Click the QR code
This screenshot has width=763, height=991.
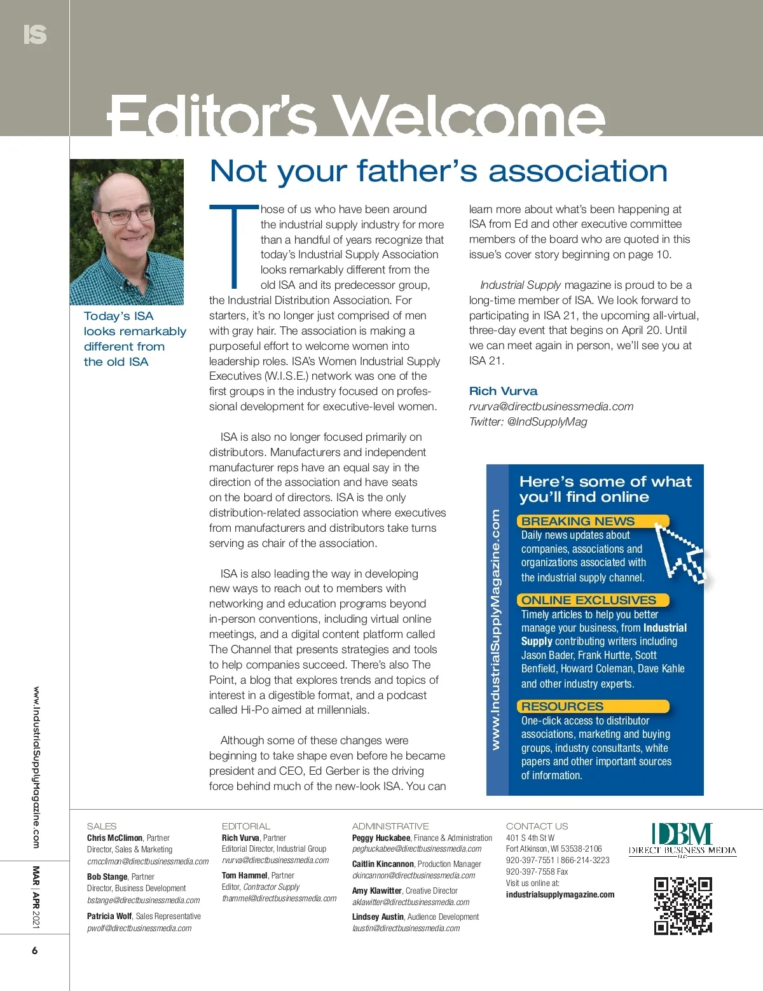[683, 906]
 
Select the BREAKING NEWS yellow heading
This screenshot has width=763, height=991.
[578, 521]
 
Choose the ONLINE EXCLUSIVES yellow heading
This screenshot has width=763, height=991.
[588, 600]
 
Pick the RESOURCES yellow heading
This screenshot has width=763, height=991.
[562, 706]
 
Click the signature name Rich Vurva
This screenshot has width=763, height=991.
[503, 391]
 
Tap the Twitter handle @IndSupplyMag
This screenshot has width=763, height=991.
[547, 422]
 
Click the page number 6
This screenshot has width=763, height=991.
[35, 951]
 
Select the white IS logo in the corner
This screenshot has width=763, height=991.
[35, 34]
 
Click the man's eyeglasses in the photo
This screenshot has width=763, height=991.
[127, 216]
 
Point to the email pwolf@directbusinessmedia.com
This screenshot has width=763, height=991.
[139, 928]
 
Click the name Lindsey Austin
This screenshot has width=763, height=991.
[378, 917]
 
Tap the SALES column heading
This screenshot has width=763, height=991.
[102, 826]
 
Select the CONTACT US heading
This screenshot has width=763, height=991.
[537, 826]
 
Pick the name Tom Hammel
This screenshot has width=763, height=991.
[244, 875]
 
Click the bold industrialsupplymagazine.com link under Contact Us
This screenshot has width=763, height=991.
[560, 894]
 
